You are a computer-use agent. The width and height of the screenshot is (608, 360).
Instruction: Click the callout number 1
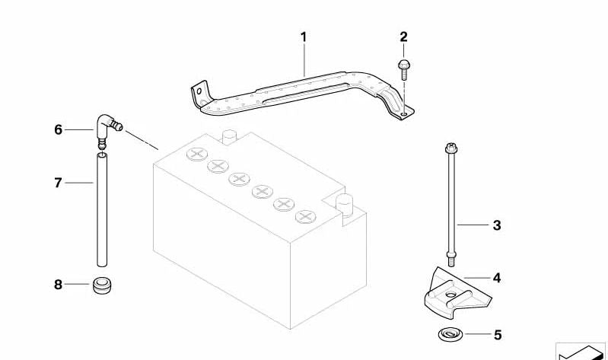(303, 37)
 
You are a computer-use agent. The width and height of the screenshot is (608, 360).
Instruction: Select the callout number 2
(403, 37)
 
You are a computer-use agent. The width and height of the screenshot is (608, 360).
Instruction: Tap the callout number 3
(497, 225)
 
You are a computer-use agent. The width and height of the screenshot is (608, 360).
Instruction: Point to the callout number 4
(497, 278)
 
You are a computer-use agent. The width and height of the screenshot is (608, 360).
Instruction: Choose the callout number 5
(498, 335)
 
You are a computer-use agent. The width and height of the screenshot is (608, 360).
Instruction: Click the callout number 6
(58, 130)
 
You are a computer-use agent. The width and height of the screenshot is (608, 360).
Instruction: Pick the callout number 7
(58, 183)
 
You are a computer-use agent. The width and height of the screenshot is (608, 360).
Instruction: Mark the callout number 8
(58, 285)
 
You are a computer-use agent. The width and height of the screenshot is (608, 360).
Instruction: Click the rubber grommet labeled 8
(100, 285)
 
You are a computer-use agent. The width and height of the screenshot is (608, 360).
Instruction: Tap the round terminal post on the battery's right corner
(345, 205)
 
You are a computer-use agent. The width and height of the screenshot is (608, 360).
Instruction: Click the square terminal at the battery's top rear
(228, 137)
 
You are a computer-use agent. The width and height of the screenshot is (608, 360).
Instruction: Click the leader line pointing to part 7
(79, 183)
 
